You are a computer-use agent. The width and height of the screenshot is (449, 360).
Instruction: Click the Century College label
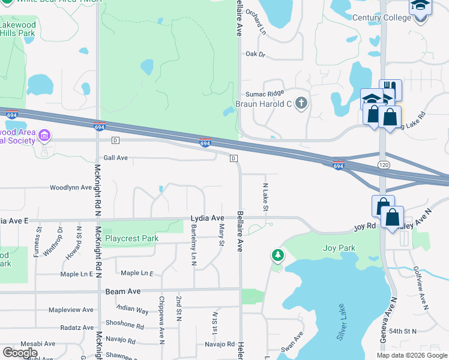point(381,18)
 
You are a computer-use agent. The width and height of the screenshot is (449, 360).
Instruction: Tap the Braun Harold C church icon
point(302,104)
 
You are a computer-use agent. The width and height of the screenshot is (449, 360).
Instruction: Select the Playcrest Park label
point(131,238)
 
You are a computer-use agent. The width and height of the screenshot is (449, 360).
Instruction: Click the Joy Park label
point(339,248)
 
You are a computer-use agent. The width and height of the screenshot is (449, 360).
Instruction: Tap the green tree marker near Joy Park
point(278,256)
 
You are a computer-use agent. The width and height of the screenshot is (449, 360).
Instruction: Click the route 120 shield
point(383,164)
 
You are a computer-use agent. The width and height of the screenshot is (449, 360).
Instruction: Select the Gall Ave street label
point(116,158)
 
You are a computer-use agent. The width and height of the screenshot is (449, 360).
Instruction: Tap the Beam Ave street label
point(122,291)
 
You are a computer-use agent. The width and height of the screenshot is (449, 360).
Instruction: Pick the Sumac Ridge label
point(264,94)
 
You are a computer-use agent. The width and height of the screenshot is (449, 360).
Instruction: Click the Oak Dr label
point(255,54)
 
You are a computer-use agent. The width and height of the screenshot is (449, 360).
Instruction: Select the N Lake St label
point(264,197)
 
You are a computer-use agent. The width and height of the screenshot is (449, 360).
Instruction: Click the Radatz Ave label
point(77,328)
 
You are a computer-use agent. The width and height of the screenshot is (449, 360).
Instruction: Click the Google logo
point(20,353)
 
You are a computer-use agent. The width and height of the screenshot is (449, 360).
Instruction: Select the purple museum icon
point(44,136)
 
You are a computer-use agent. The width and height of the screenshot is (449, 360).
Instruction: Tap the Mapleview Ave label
point(71,310)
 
